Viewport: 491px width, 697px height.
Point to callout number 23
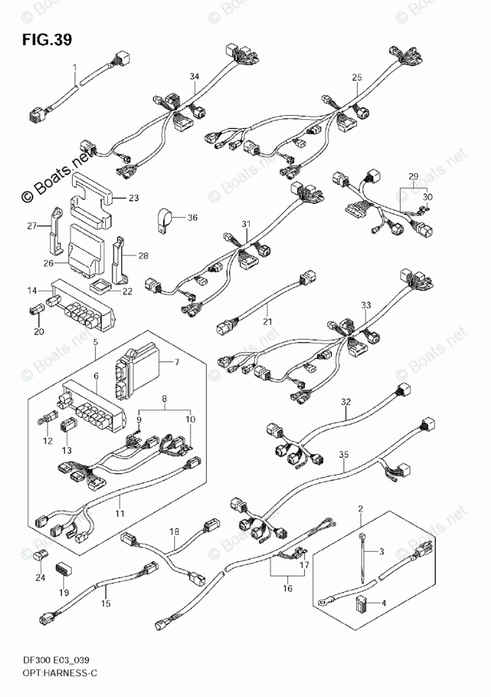[x=133, y=198]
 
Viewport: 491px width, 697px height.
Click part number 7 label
[x=177, y=363]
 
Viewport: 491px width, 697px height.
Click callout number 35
[x=344, y=454]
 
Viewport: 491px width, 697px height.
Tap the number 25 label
[x=357, y=77]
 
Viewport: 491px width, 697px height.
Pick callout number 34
[x=194, y=76]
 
